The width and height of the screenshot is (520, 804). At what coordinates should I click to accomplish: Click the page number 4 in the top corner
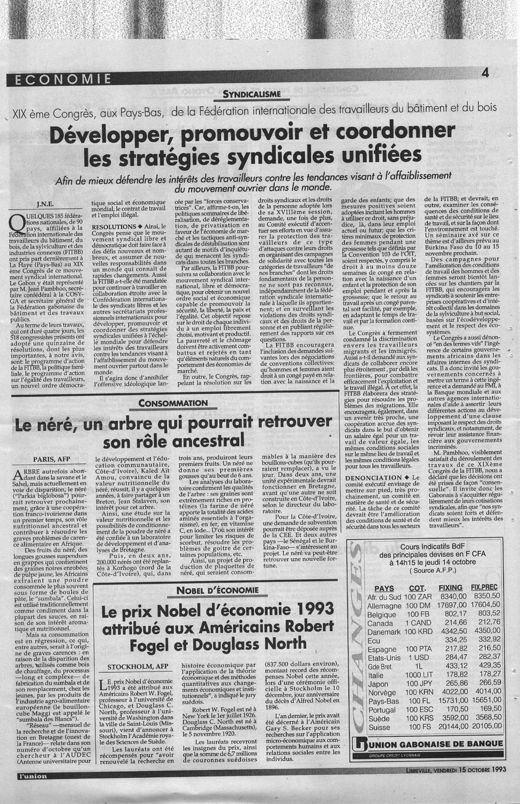pyautogui.click(x=485, y=73)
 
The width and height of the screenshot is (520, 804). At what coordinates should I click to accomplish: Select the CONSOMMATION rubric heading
pyautogui.click(x=173, y=403)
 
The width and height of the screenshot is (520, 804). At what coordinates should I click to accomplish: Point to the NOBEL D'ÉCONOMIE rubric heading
pyautogui.click(x=225, y=590)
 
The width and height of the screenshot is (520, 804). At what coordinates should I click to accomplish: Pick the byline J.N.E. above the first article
pyautogui.click(x=45, y=204)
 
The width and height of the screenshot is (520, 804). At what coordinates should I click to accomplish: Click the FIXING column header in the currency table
pyautogui.click(x=450, y=587)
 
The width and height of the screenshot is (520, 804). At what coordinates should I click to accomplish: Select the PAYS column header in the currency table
pyautogui.click(x=384, y=588)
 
